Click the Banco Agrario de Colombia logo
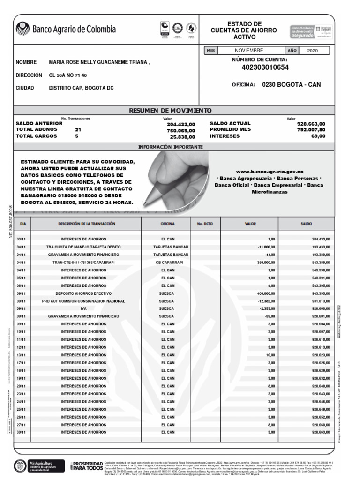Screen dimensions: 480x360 click(x=66, y=29)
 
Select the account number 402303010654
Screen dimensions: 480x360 click(x=265, y=67)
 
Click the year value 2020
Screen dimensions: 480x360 click(x=312, y=50)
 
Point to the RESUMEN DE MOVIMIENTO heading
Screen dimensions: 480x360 click(x=170, y=110)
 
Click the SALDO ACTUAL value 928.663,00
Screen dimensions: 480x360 click(x=311, y=124)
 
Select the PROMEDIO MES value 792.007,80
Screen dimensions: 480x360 click(x=311, y=130)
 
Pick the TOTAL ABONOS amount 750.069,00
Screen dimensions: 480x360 click(x=180, y=130)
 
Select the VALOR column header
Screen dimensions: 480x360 click(x=250, y=224)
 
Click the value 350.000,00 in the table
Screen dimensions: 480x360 click(x=265, y=262)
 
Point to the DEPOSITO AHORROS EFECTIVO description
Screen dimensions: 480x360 click(x=83, y=293)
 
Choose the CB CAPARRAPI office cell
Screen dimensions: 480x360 click(x=169, y=262)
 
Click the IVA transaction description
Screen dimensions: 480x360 click(x=83, y=309)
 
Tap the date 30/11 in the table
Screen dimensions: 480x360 click(x=21, y=432)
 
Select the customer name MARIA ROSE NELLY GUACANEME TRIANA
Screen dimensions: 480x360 click(x=99, y=62)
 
